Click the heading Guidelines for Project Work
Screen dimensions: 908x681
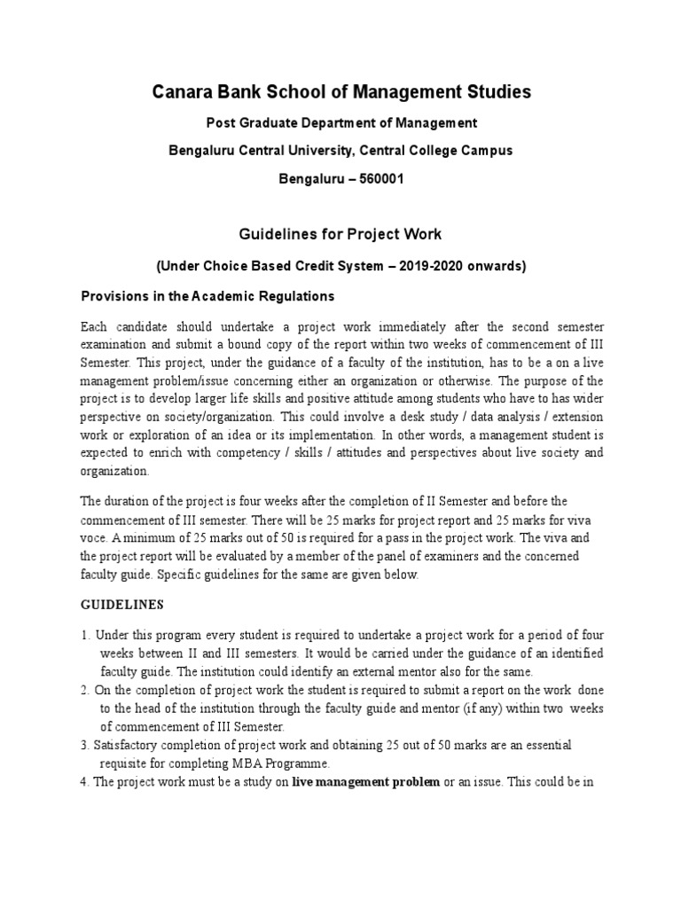point(340,234)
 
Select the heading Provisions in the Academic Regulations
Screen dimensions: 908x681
point(207,295)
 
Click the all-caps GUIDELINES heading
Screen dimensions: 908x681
point(122,605)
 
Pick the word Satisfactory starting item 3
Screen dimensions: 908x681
point(129,744)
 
